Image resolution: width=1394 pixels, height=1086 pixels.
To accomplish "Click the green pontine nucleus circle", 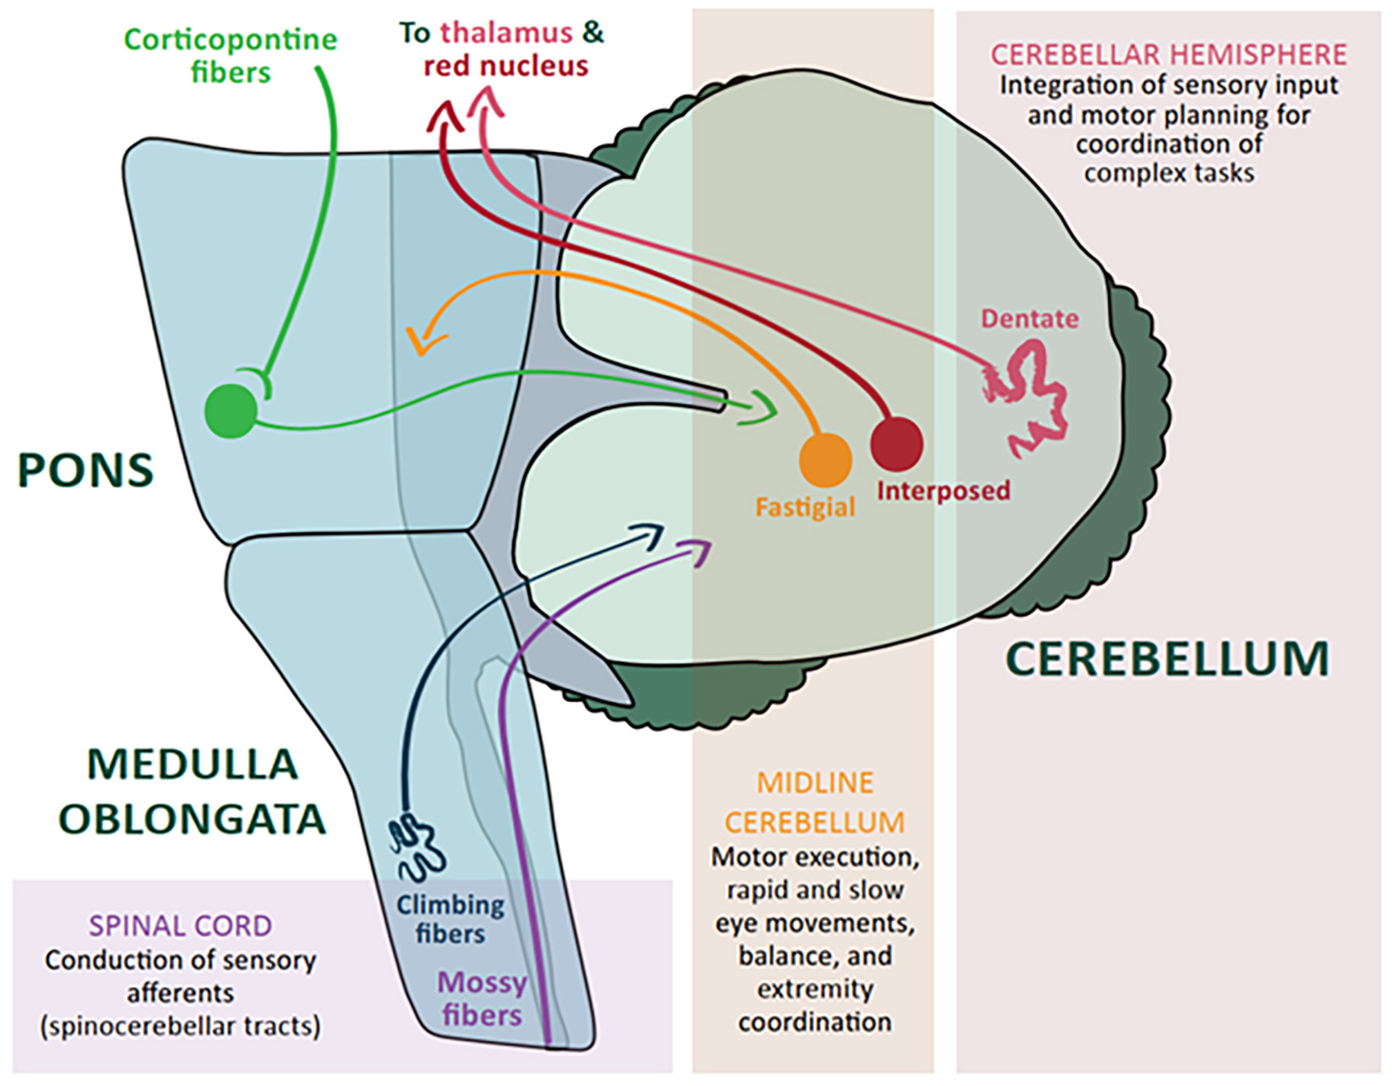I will click(231, 410).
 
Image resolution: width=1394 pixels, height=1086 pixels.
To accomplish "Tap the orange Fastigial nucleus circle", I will click(825, 460).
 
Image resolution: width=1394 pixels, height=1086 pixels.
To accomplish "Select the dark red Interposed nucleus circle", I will click(896, 444).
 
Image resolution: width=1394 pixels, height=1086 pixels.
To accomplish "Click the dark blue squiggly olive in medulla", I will click(417, 847).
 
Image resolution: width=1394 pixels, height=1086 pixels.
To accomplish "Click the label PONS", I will click(85, 471).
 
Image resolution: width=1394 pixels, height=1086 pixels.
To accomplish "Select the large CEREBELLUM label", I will click(1167, 659).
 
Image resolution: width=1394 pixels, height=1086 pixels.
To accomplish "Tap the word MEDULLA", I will click(192, 764).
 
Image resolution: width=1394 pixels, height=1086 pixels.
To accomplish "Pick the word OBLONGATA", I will click(192, 820).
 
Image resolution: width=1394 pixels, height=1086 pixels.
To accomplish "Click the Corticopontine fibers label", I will click(231, 56).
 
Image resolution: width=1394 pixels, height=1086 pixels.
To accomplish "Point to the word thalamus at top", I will click(506, 32).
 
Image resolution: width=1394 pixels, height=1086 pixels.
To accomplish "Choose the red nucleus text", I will click(506, 66).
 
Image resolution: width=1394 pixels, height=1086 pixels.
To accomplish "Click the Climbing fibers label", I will click(450, 919).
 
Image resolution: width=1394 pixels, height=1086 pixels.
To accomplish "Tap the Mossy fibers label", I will click(482, 998).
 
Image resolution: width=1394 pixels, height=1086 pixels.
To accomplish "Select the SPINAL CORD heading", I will click(180, 926).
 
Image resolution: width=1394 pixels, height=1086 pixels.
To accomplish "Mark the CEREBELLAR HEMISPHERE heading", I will click(1168, 55).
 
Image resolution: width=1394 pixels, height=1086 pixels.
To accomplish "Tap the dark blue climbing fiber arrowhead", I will click(652, 533).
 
